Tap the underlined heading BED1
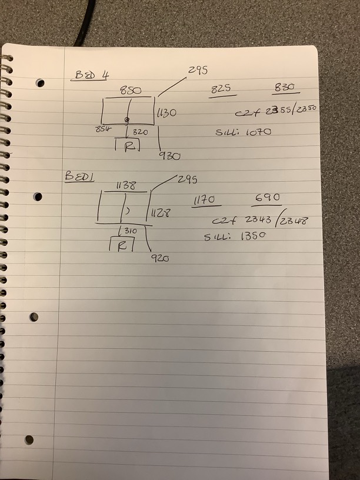[81, 176]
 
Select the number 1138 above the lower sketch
[126, 186]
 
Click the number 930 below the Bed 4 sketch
[169, 155]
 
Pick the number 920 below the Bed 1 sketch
[159, 258]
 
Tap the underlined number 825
[221, 88]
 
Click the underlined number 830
[285, 87]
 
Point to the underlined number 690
[267, 199]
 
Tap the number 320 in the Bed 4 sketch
[140, 133]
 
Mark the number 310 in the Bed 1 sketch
[131, 231]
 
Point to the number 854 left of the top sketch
[104, 129]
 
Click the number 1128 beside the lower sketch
[161, 213]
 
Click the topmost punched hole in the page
[41, 83]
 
